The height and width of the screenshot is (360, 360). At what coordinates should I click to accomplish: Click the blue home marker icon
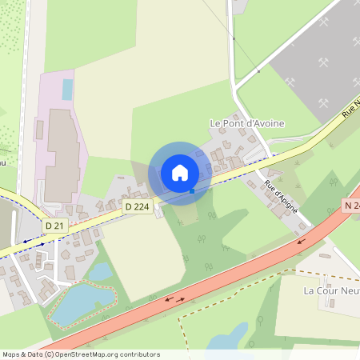point(180,173)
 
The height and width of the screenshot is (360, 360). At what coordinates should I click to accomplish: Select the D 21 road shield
point(54,226)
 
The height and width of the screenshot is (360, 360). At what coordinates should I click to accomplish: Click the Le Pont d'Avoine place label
point(246,123)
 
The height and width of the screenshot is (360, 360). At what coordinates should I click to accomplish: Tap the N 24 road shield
point(351,205)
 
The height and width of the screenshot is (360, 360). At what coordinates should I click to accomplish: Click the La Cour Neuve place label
point(327,290)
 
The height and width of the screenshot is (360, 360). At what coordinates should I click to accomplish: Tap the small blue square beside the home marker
point(192,190)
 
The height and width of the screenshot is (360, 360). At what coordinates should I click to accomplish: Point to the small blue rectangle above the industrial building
point(67,89)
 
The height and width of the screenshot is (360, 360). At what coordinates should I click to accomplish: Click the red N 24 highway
point(240,268)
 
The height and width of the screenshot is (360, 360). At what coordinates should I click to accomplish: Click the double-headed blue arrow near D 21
point(34,239)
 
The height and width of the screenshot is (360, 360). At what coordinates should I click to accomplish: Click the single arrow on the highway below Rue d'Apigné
point(302,239)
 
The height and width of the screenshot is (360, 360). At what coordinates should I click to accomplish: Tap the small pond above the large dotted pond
point(99,272)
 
